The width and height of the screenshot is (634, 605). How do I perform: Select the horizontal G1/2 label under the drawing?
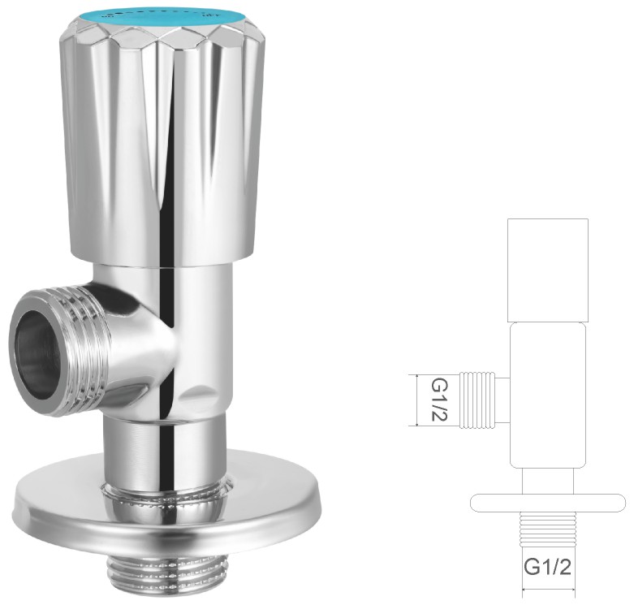[x=548, y=567]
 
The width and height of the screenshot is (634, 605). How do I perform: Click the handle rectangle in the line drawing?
[x=548, y=270]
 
